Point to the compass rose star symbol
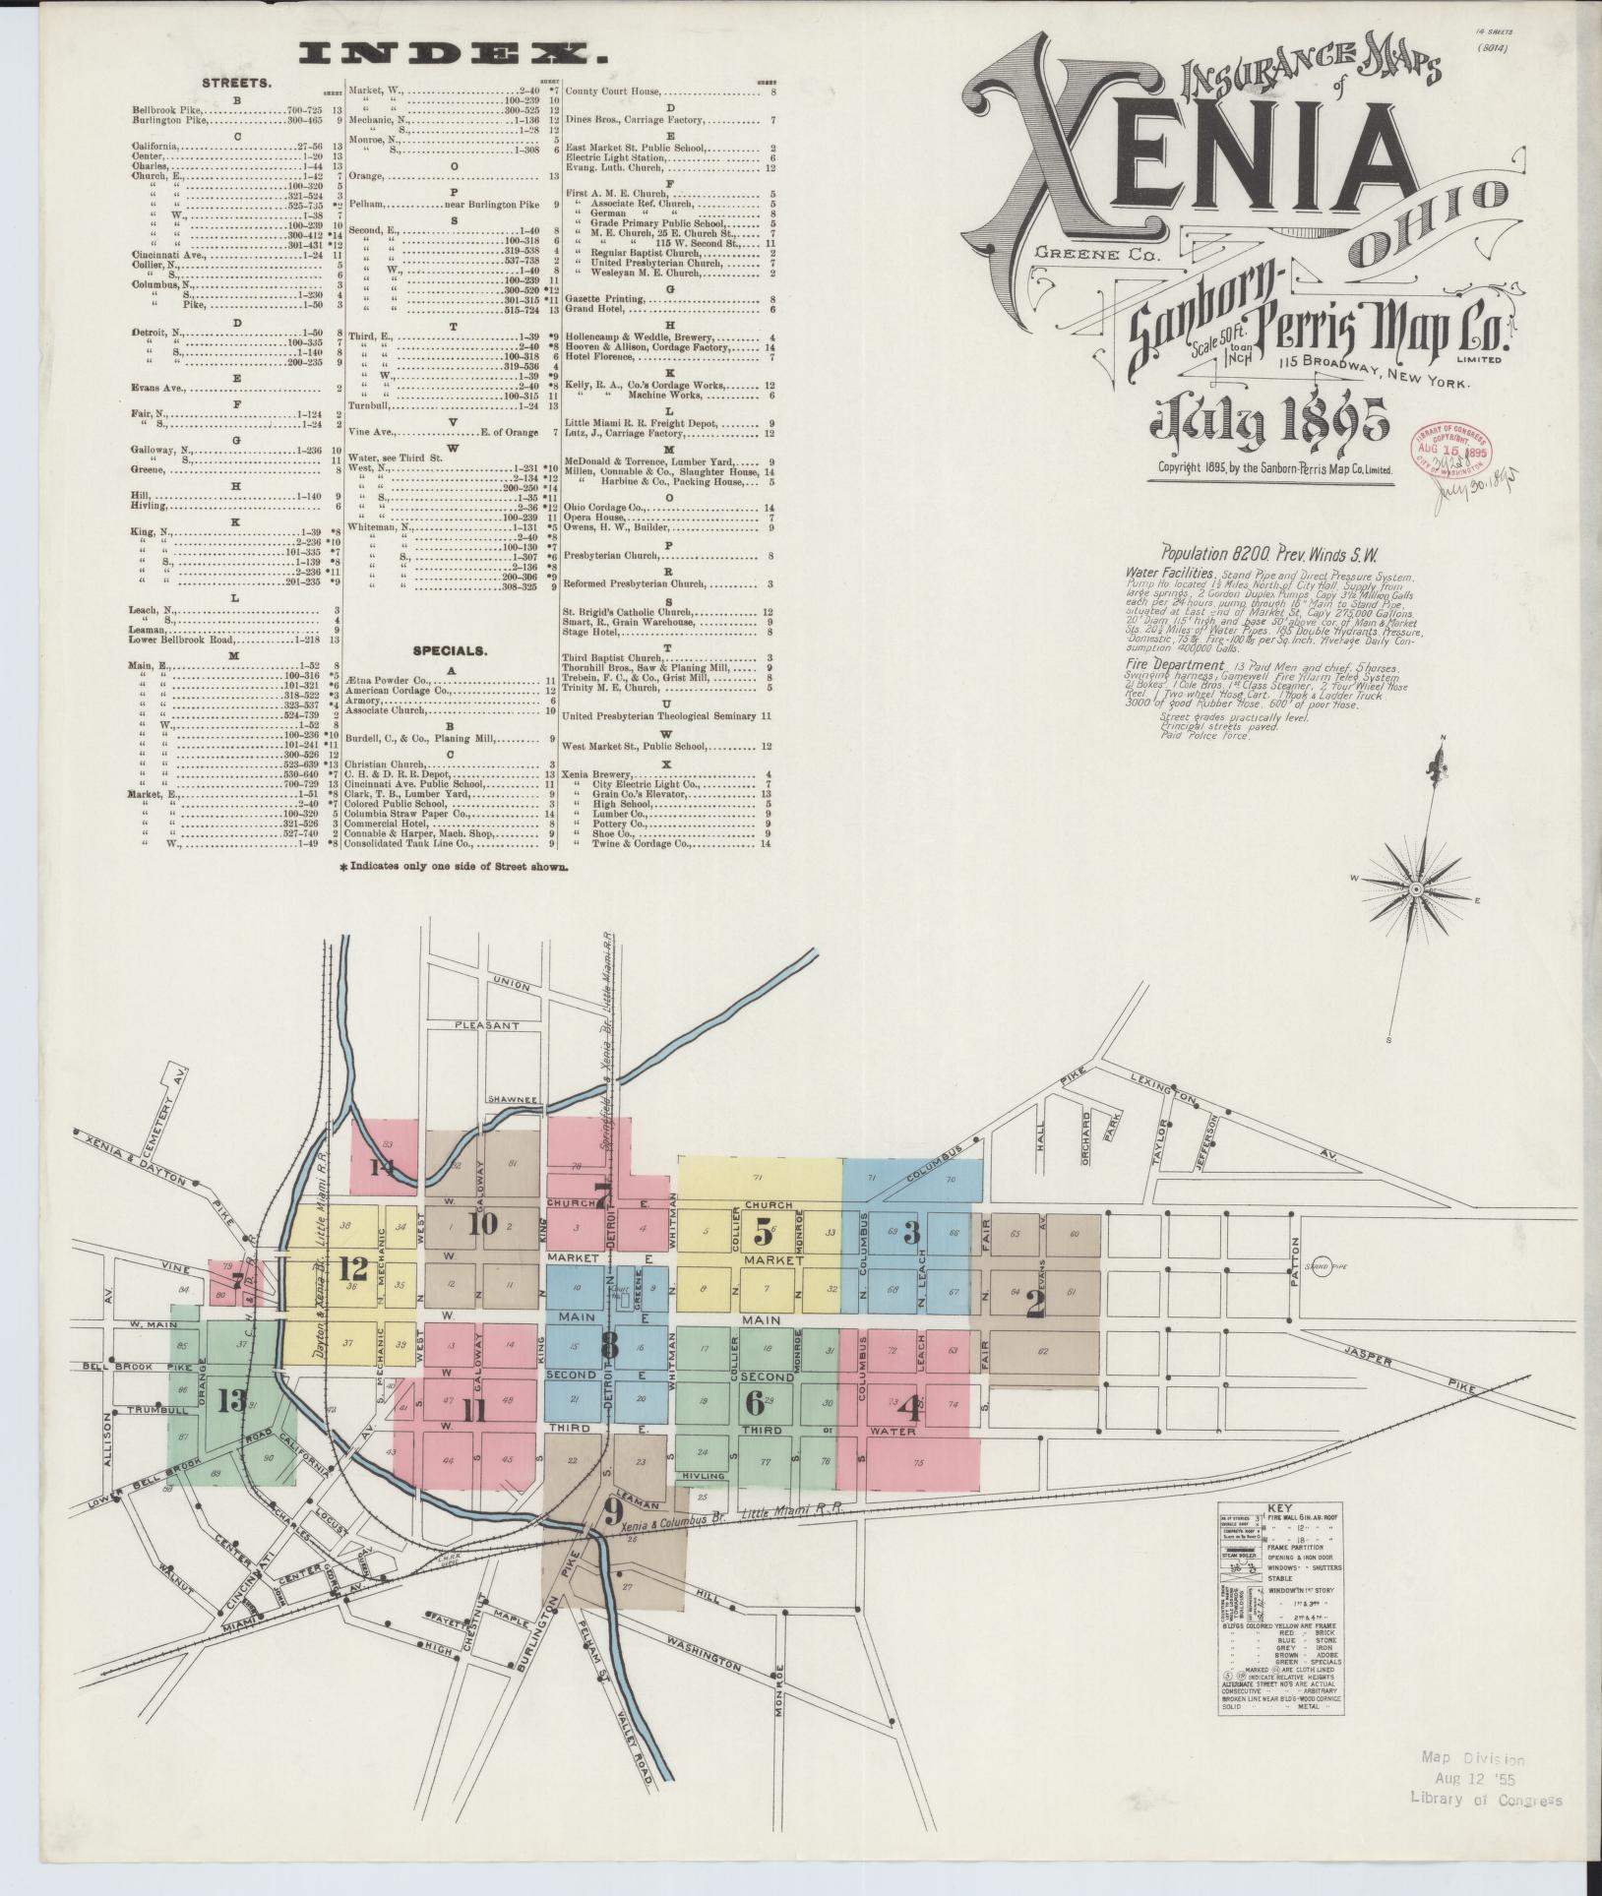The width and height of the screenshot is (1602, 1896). [x=1414, y=890]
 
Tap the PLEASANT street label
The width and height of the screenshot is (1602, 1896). [x=486, y=1025]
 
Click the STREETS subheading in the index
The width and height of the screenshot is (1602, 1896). [x=237, y=83]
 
